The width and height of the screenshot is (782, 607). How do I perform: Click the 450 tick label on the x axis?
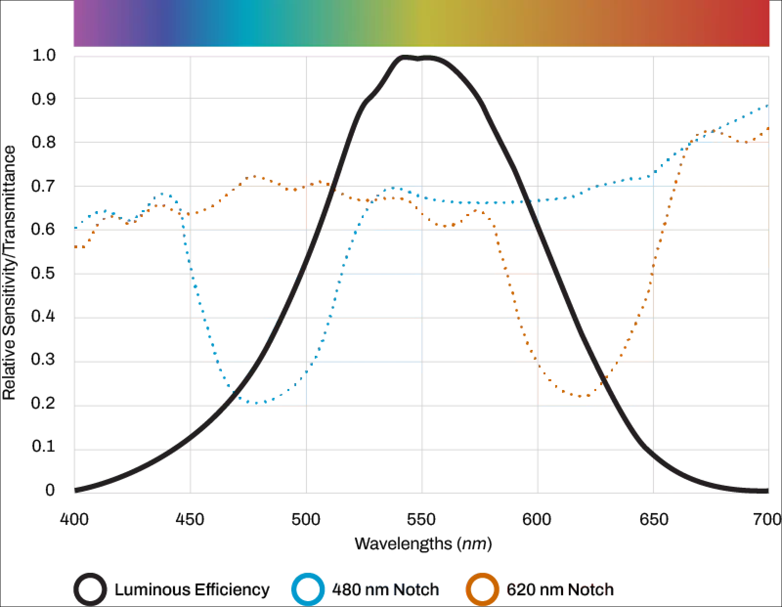click(190, 519)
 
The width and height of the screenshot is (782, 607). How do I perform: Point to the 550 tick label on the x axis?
click(421, 519)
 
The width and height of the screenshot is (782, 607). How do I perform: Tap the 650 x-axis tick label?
click(653, 519)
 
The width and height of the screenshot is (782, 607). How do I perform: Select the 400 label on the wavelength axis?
click(74, 519)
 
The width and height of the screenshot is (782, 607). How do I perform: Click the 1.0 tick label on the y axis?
click(44, 55)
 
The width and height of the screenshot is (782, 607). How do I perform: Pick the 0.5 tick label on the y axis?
click(44, 273)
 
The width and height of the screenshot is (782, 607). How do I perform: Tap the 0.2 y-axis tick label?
click(44, 404)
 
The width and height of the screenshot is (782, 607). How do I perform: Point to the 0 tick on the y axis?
click(50, 490)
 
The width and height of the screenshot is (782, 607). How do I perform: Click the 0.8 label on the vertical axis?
click(44, 142)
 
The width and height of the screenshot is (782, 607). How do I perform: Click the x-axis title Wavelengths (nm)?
click(423, 543)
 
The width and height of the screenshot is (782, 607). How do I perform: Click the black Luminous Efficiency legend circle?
click(90, 589)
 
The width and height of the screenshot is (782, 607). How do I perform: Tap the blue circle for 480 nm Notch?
click(307, 589)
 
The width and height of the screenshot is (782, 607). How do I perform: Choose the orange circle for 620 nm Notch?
click(482, 589)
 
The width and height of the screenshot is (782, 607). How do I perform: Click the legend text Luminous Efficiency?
click(192, 589)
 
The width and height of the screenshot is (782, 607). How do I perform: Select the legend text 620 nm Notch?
click(560, 589)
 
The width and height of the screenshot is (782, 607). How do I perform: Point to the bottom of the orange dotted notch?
click(581, 396)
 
